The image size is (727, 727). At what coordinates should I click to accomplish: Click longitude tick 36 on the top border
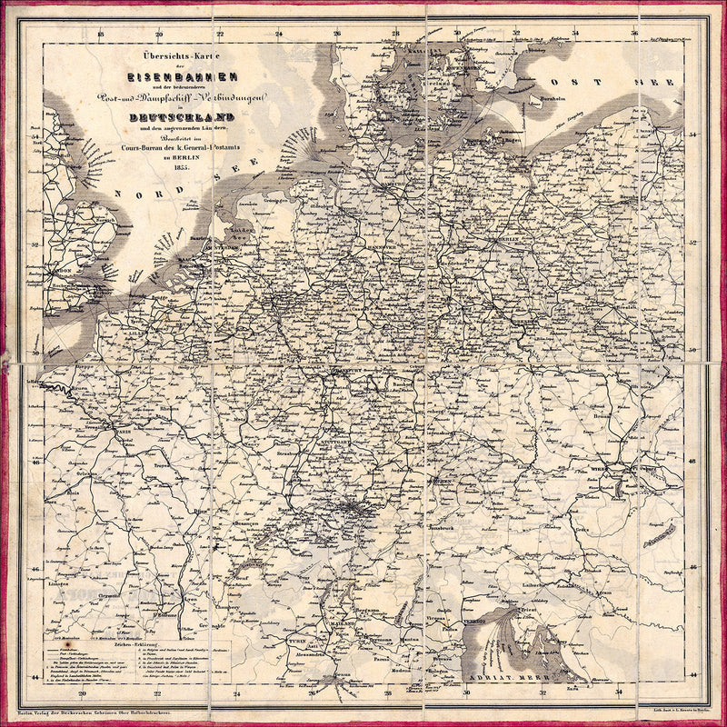tap(633, 35)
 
